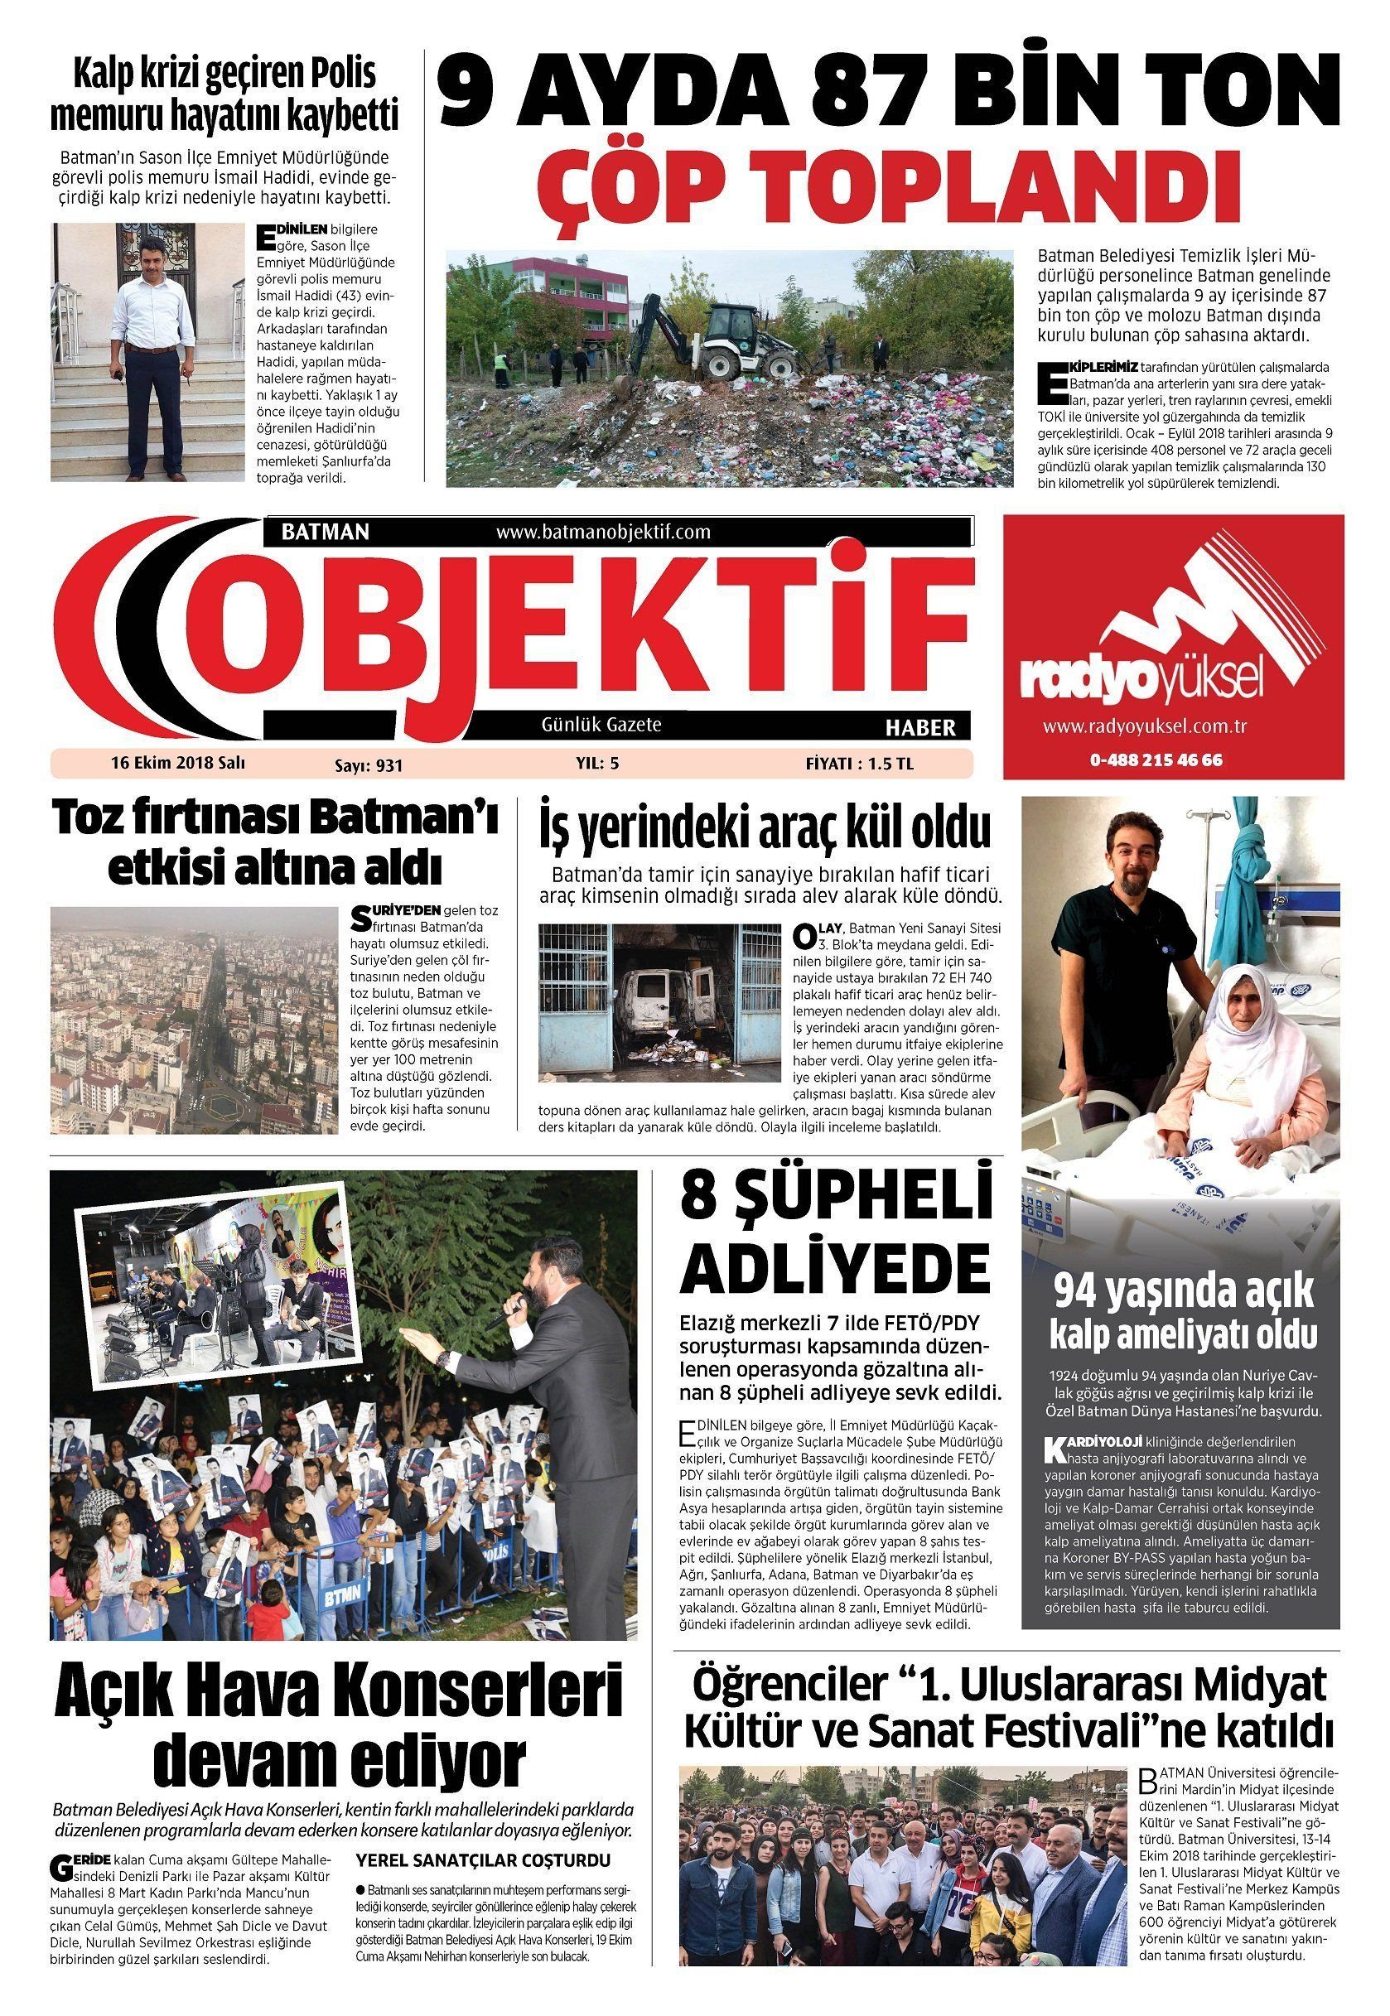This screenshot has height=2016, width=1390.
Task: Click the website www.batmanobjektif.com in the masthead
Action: [603, 531]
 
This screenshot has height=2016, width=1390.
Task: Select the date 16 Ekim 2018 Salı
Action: [177, 763]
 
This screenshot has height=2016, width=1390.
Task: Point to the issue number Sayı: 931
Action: [369, 765]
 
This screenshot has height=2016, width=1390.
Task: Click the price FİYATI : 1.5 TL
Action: [859, 764]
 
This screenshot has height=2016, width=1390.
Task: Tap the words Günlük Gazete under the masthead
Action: [602, 725]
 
